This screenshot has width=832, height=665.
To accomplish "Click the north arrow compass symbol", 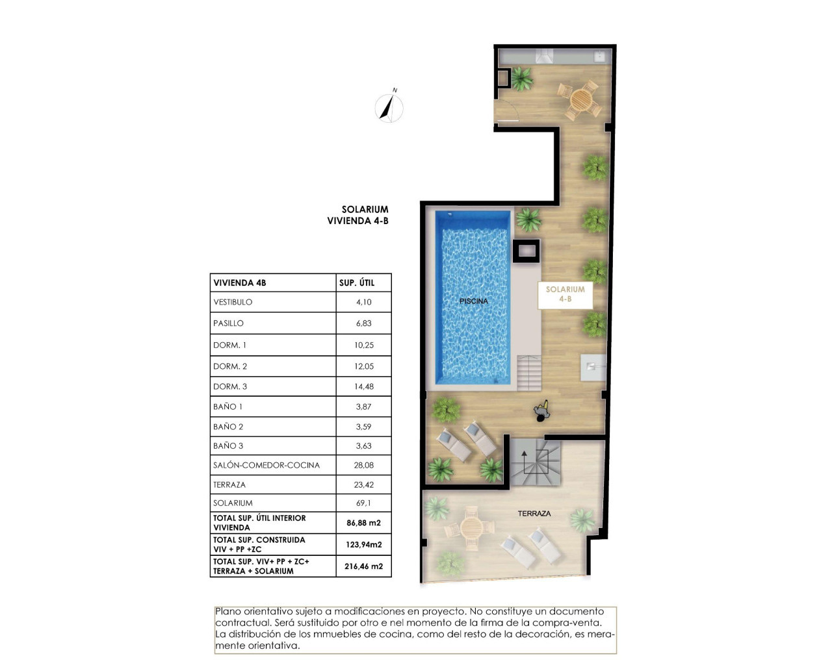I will (x=389, y=107).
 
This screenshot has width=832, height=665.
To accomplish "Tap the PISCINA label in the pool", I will (x=473, y=301).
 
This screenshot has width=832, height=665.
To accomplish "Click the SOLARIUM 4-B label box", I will (x=565, y=294).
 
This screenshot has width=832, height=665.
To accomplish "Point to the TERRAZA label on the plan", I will (x=534, y=514).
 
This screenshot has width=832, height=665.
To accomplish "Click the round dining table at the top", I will (x=580, y=100).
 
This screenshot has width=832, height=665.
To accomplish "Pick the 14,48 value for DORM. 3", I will (x=364, y=386).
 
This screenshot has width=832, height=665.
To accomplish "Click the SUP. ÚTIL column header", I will (x=357, y=282).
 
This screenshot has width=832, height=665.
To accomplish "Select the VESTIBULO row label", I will (x=233, y=302).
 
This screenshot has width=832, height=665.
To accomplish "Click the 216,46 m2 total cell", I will (x=363, y=566).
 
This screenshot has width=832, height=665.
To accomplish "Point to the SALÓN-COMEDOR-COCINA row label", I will (x=266, y=465).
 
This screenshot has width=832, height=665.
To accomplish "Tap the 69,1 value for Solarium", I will (x=364, y=503).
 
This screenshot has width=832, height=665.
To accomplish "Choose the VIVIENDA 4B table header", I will (x=240, y=282).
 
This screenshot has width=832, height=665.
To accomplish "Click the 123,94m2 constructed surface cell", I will (x=363, y=545).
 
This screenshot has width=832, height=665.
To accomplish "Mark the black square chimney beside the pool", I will (x=526, y=251).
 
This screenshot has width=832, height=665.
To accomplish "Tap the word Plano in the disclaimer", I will (x=228, y=611).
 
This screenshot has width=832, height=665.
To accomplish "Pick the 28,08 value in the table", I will (x=364, y=465).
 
